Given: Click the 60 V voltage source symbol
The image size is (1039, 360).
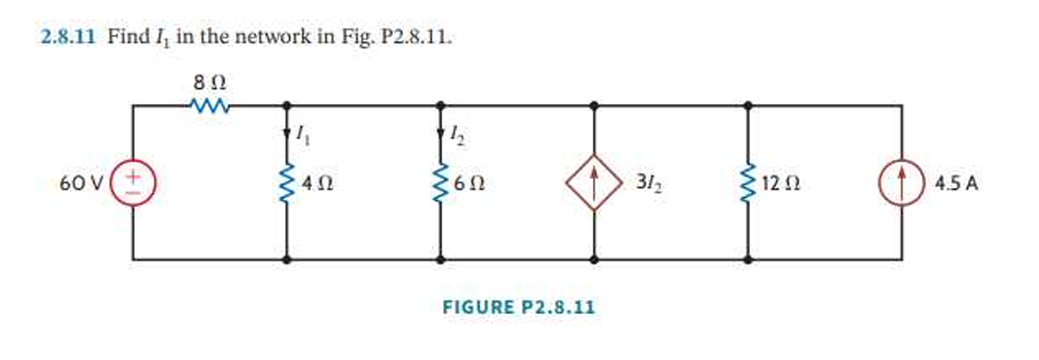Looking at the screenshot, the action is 134,182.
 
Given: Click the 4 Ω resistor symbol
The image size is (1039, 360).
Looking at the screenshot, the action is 289,182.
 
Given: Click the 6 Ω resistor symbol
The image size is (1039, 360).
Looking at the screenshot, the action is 446,182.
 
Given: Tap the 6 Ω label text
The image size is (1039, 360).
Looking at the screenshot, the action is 473,183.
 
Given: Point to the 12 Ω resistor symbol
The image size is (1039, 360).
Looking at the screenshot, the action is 746,182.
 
